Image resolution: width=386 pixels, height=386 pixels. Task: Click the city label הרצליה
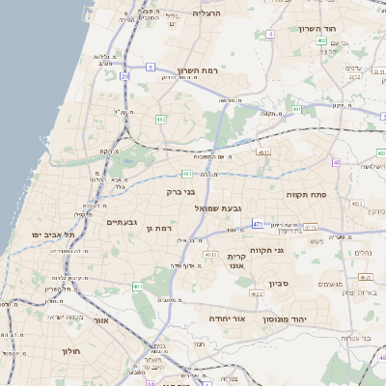tap(207, 14)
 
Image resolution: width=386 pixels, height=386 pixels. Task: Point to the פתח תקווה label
tap(307, 193)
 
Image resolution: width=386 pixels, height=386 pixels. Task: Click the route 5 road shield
tap(151, 67)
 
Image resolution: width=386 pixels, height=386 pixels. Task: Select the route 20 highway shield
tap(124, 75)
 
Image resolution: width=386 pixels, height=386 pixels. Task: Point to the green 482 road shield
tap(160, 119)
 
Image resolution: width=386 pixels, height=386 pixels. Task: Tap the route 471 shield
tap(258, 224)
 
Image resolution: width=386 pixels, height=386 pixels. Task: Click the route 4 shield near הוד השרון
tap(271, 34)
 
